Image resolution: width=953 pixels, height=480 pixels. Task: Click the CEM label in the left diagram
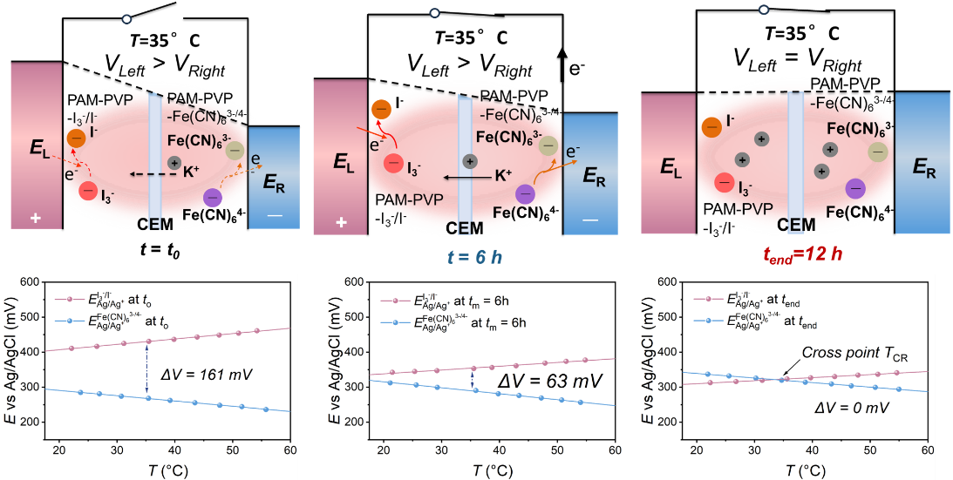click(155, 225)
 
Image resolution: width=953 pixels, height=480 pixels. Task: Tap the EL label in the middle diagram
click(341, 162)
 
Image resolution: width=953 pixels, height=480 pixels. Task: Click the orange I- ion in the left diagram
click(76, 138)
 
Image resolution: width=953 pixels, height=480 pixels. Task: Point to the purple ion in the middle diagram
click(525, 193)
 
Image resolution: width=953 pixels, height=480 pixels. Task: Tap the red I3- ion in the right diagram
click(724, 182)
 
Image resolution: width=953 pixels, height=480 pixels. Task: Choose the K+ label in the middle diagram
click(503, 176)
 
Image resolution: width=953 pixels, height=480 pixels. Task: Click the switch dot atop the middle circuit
click(435, 14)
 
